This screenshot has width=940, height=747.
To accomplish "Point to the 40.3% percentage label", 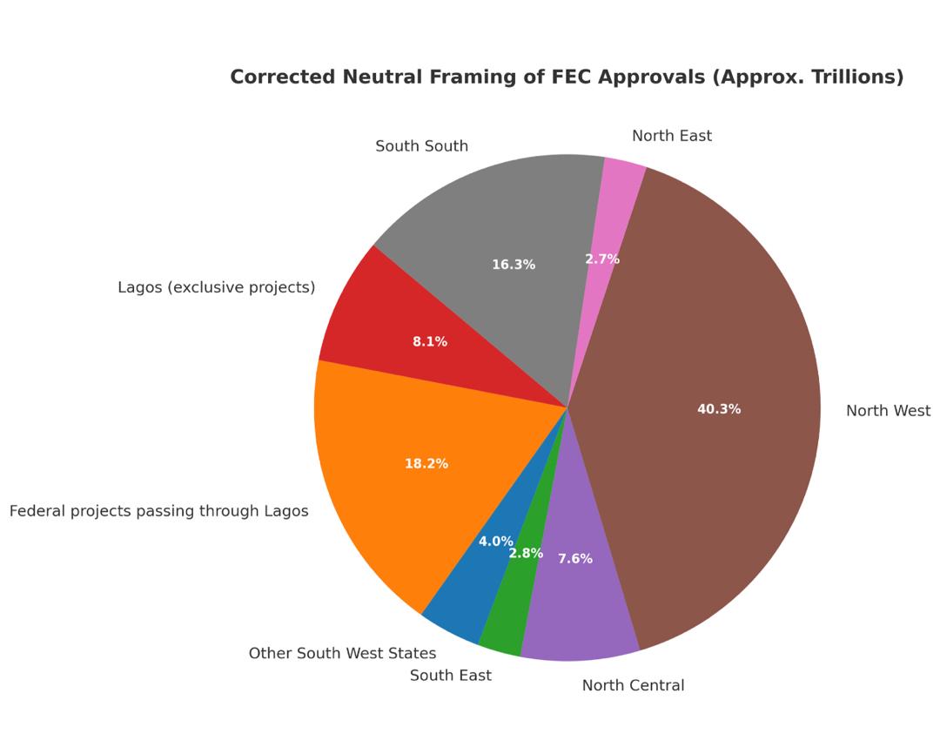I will pyautogui.click(x=719, y=409).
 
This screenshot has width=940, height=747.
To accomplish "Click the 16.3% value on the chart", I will pyautogui.click(x=514, y=265).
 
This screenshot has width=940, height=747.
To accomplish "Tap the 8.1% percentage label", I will pyautogui.click(x=430, y=342).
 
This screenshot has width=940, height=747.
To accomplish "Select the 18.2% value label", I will pyautogui.click(x=426, y=464).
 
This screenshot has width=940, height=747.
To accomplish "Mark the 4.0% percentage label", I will pyautogui.click(x=496, y=542).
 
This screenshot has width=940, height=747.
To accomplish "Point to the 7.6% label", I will pyautogui.click(x=575, y=559).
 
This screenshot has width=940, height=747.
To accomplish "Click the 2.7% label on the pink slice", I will pyautogui.click(x=602, y=259).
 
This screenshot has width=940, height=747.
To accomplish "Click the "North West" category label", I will pyautogui.click(x=888, y=411).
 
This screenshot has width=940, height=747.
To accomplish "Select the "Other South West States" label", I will pyautogui.click(x=342, y=653).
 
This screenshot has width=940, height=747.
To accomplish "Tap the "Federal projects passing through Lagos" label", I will pyautogui.click(x=158, y=511).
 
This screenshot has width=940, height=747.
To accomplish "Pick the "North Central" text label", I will pyautogui.click(x=633, y=685).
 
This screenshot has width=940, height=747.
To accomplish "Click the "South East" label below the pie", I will pyautogui.click(x=450, y=676).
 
